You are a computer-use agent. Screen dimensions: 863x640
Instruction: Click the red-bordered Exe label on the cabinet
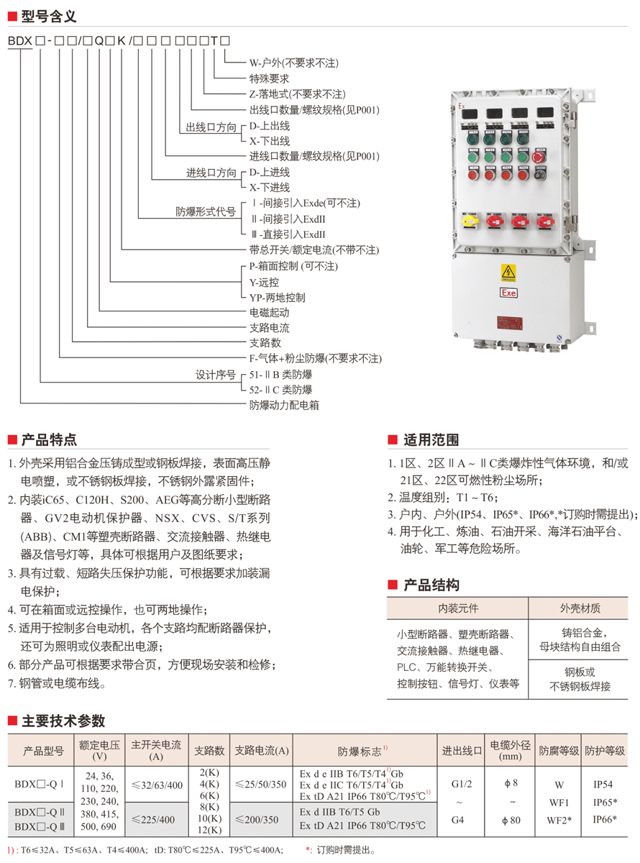tap(508, 293)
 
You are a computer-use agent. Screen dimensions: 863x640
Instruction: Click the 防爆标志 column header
tap(364, 751)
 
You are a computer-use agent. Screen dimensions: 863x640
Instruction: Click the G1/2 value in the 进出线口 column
tap(462, 784)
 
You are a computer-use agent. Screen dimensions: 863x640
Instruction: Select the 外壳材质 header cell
tap(580, 608)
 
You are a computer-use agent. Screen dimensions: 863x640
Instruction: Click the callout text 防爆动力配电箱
tap(284, 405)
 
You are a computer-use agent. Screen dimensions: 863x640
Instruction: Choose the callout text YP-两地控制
tap(277, 297)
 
